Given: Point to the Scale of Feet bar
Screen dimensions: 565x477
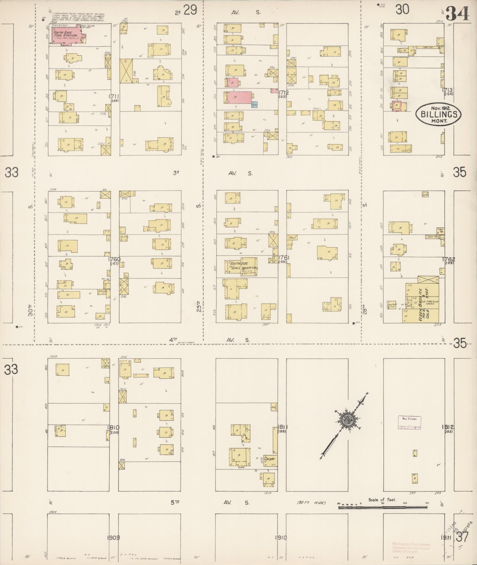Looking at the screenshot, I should [383, 507].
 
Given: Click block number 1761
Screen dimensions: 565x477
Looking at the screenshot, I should [283, 258].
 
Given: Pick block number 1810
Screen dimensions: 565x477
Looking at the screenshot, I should [114, 428].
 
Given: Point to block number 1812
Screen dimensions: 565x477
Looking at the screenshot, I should [448, 427].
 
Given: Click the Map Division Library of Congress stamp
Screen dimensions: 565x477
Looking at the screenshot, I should [409, 423].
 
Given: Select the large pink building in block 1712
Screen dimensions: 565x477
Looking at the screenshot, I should [240, 97].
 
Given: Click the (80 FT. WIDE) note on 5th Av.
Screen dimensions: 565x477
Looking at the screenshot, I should [311, 503].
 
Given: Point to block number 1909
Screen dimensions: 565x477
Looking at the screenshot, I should [114, 538].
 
